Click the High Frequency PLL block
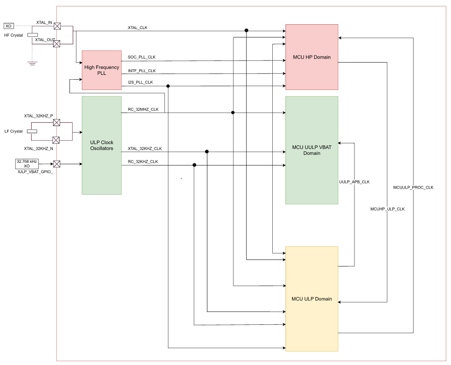(101, 70)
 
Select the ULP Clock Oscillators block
(101, 145)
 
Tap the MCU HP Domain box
(311, 57)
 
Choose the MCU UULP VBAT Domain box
(311, 150)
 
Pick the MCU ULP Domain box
(311, 299)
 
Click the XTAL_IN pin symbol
(57, 26)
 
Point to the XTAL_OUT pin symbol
(57, 44)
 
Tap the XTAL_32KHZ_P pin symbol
(57, 122)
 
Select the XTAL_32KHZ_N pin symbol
(56, 140)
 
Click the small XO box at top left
(8, 26)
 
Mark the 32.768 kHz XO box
(27, 164)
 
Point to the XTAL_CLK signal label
(137, 28)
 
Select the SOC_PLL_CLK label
(142, 57)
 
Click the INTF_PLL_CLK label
(142, 71)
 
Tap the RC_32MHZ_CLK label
(143, 109)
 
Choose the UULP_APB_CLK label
(354, 182)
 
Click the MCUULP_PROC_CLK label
(413, 187)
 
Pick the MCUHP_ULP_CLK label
(387, 209)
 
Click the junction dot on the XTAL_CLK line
(246, 30)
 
